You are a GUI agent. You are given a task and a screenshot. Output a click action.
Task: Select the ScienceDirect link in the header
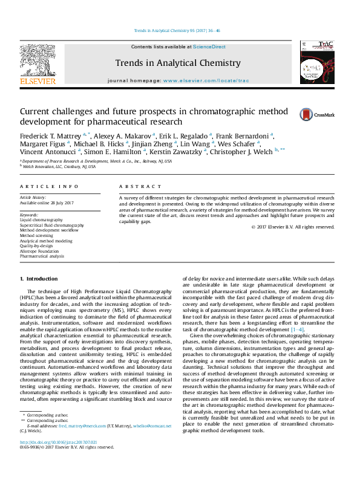[x=210, y=47]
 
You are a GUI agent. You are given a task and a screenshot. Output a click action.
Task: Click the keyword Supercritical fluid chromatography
[x=52, y=225]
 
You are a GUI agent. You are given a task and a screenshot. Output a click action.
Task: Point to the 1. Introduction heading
[x=39, y=279]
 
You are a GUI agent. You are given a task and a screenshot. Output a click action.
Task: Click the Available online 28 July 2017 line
[x=47, y=203]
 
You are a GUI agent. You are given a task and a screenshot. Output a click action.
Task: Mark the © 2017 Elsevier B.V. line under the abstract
[x=292, y=227]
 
